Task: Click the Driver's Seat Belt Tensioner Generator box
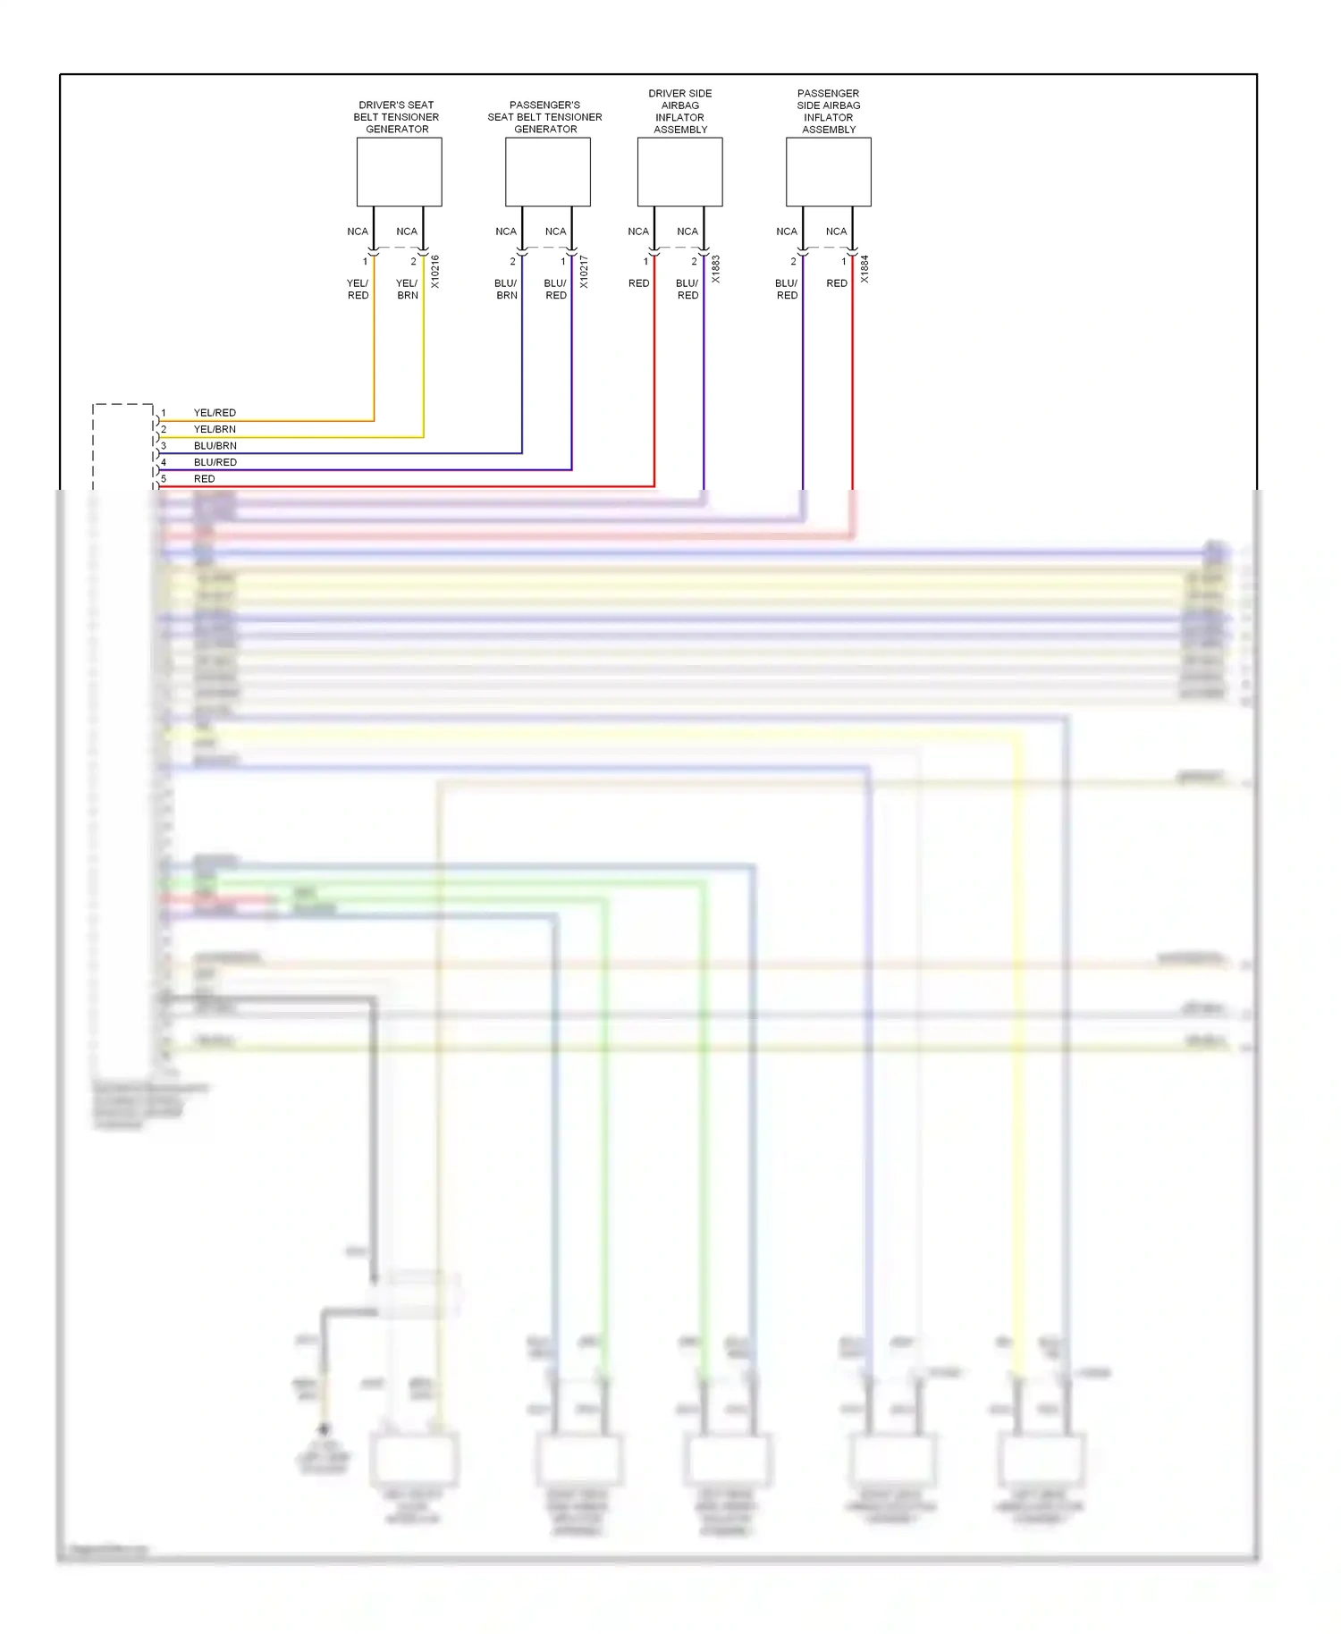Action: [x=399, y=172]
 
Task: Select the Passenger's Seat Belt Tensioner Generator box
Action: [x=547, y=172]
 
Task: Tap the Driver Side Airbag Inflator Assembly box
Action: [x=679, y=172]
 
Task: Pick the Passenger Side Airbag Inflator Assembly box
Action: [x=828, y=172]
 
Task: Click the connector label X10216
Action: [x=435, y=271]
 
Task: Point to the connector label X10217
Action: [x=584, y=271]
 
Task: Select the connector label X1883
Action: [x=716, y=269]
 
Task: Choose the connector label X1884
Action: [x=864, y=269]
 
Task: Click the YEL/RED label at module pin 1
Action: [x=215, y=413]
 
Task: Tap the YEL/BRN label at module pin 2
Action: [x=215, y=429]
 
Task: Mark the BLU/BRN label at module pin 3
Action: [x=215, y=446]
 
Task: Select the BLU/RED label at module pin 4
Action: [x=215, y=462]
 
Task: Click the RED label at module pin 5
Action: [x=204, y=479]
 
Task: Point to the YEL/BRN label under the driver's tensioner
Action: [x=407, y=289]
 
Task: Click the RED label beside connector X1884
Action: [x=837, y=283]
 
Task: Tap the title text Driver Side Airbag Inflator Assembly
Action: [x=680, y=111]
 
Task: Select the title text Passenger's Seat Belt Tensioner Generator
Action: [x=545, y=117]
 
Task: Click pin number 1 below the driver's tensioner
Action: [x=365, y=262]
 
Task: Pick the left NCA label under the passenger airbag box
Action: [x=787, y=232]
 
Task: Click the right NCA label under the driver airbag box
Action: [x=687, y=232]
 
